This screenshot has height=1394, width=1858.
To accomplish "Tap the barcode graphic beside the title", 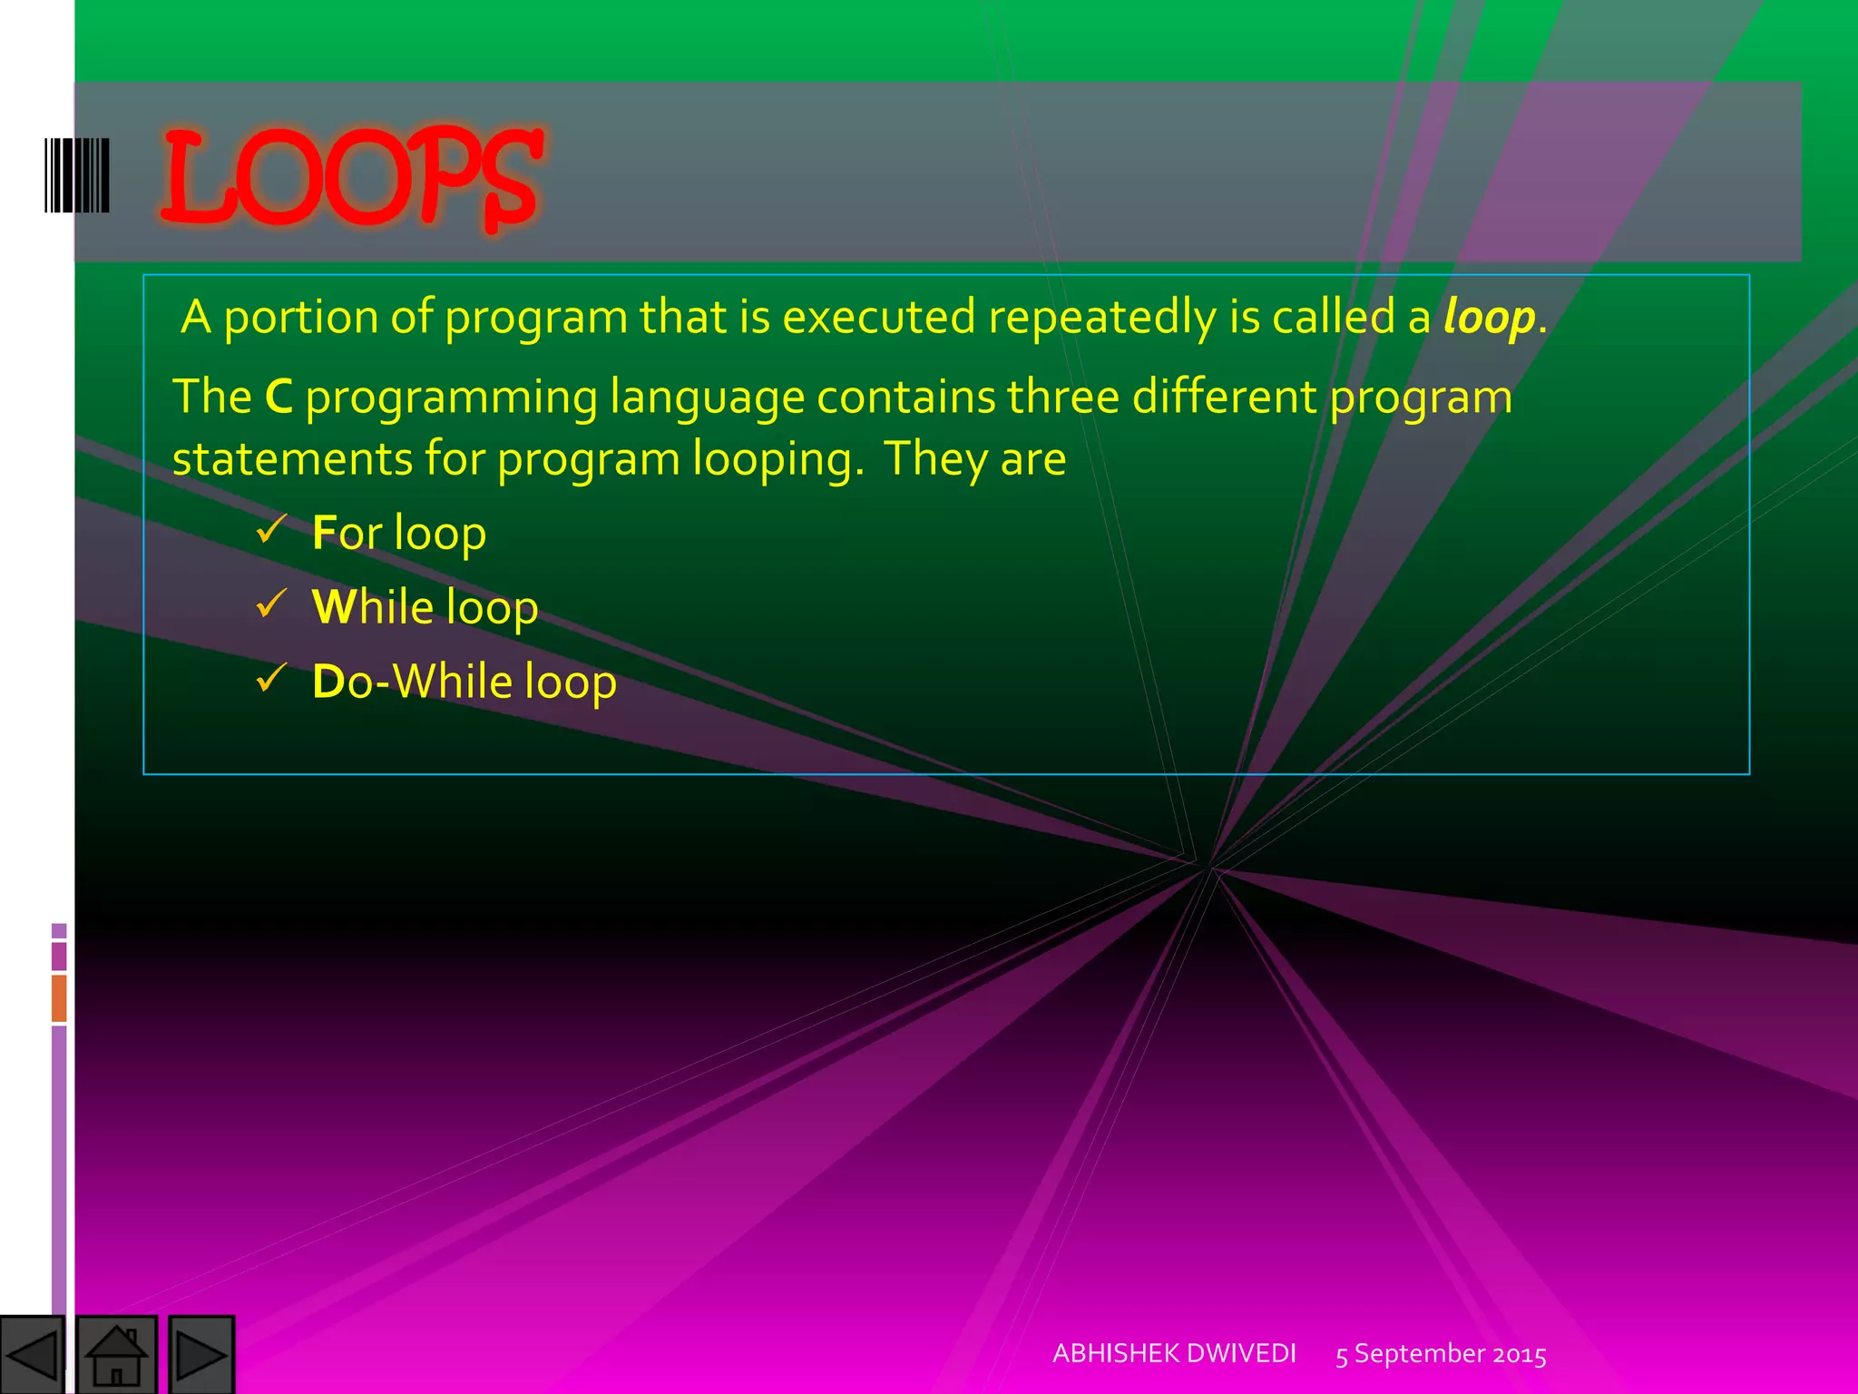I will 77,175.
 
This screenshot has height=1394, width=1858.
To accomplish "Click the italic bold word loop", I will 1489,318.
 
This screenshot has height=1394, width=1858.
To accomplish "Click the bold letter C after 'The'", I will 279,398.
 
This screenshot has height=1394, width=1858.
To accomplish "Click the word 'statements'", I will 292,459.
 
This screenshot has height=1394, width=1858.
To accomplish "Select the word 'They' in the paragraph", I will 934,459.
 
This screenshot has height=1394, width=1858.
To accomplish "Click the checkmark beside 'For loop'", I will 271,528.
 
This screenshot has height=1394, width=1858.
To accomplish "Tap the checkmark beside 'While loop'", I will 271,603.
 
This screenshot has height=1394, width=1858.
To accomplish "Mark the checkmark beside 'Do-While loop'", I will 271,677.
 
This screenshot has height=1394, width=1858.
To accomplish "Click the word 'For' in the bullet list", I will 347,533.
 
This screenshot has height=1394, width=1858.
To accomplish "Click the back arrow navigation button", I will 33,1354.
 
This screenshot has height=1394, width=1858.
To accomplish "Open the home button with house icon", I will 116,1354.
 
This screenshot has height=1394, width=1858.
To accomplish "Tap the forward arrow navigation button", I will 200,1354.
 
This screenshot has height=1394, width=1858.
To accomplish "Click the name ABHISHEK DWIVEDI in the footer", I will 1174,1353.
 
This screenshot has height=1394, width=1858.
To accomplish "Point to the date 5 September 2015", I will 1441,1354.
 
